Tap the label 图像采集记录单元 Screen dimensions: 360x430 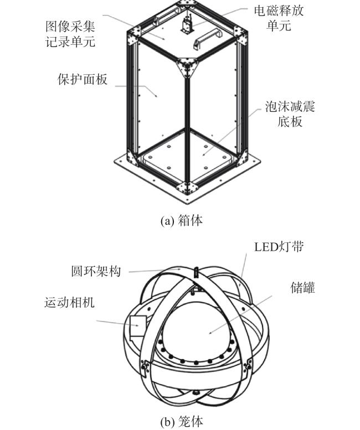point(70,34)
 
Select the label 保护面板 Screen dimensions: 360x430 point(83,80)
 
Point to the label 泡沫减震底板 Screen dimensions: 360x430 point(290,114)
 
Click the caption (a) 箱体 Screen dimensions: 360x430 point(182,220)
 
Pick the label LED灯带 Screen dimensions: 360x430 point(279,246)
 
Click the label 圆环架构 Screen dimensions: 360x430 point(96,272)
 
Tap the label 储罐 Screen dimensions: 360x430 point(302,288)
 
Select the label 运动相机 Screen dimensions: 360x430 point(69,302)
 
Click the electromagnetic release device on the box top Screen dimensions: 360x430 point(187,24)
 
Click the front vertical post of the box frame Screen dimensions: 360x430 point(187,130)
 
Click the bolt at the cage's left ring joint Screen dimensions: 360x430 point(144,367)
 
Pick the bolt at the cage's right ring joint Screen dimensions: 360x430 point(248,366)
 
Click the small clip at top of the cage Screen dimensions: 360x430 point(196,272)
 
